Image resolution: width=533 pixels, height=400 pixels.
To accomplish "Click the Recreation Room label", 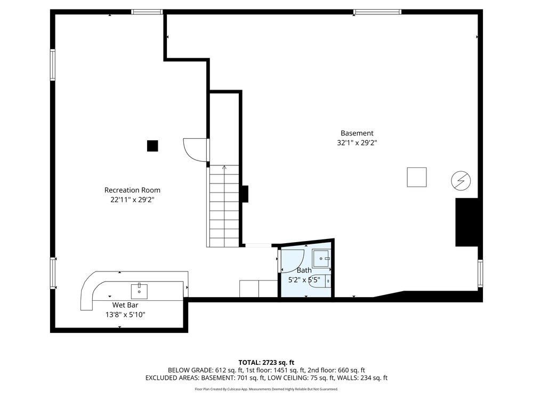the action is (x=132, y=190).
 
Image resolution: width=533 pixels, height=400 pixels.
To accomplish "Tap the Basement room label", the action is (x=357, y=133).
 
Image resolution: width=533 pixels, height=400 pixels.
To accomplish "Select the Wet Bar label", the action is (x=125, y=305).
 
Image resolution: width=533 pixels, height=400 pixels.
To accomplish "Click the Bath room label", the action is (x=304, y=270).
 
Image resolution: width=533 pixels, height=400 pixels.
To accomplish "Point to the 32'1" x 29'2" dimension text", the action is (x=357, y=143).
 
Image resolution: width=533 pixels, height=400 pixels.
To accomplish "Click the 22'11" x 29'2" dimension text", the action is (x=132, y=199).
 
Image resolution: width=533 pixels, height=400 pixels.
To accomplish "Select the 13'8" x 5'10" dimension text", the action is (x=125, y=315).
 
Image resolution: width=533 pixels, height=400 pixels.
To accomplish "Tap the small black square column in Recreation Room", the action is (x=152, y=146).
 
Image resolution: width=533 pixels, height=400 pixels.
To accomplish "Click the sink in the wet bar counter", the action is (x=139, y=291).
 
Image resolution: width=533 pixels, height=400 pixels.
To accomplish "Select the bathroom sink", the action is (x=321, y=259).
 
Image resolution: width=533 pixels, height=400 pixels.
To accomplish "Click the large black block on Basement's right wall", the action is (x=467, y=222).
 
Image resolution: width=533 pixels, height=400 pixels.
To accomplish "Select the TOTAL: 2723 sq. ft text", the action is (x=266, y=363).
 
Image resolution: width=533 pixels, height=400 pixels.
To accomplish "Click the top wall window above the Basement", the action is (x=377, y=12).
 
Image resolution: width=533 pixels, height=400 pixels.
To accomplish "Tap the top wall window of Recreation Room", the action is (x=147, y=12).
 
